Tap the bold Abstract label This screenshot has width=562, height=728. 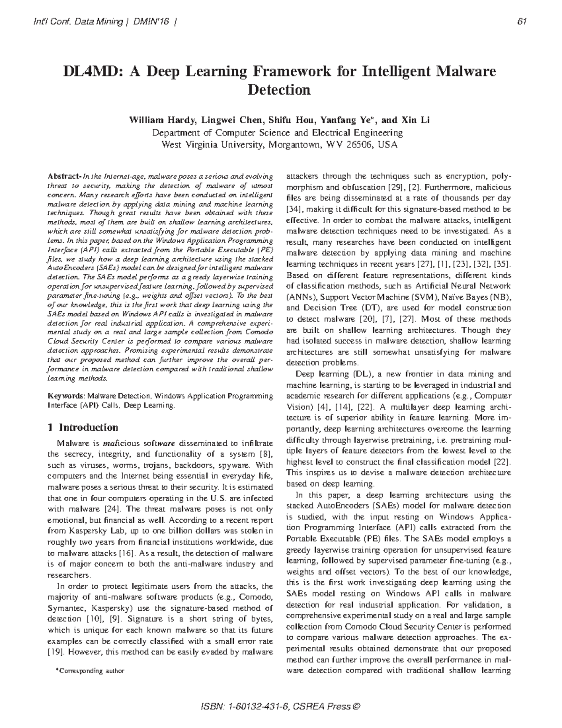pos(65,177)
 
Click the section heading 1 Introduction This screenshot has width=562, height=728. pos(83,428)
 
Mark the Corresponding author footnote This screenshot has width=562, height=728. pos(89,671)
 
